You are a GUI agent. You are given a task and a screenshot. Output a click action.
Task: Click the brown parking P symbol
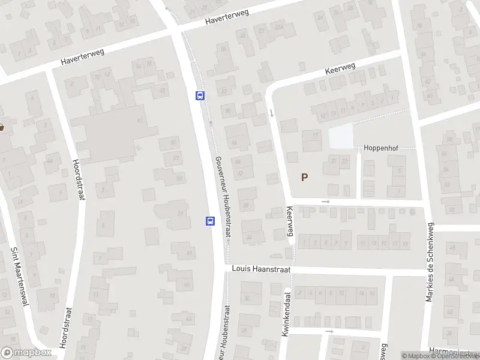click(304, 177)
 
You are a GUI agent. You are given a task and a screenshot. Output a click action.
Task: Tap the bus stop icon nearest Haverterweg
click(200, 95)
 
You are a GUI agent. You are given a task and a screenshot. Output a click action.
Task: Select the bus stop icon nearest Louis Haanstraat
click(210, 221)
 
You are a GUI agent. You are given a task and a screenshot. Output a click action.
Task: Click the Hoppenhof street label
click(381, 148)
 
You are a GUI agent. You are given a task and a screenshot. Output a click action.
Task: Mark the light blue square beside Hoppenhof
click(341, 137)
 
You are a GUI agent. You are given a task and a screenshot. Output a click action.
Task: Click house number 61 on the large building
click(140, 121)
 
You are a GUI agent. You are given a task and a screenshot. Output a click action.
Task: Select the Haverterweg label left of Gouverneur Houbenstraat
click(82, 57)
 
